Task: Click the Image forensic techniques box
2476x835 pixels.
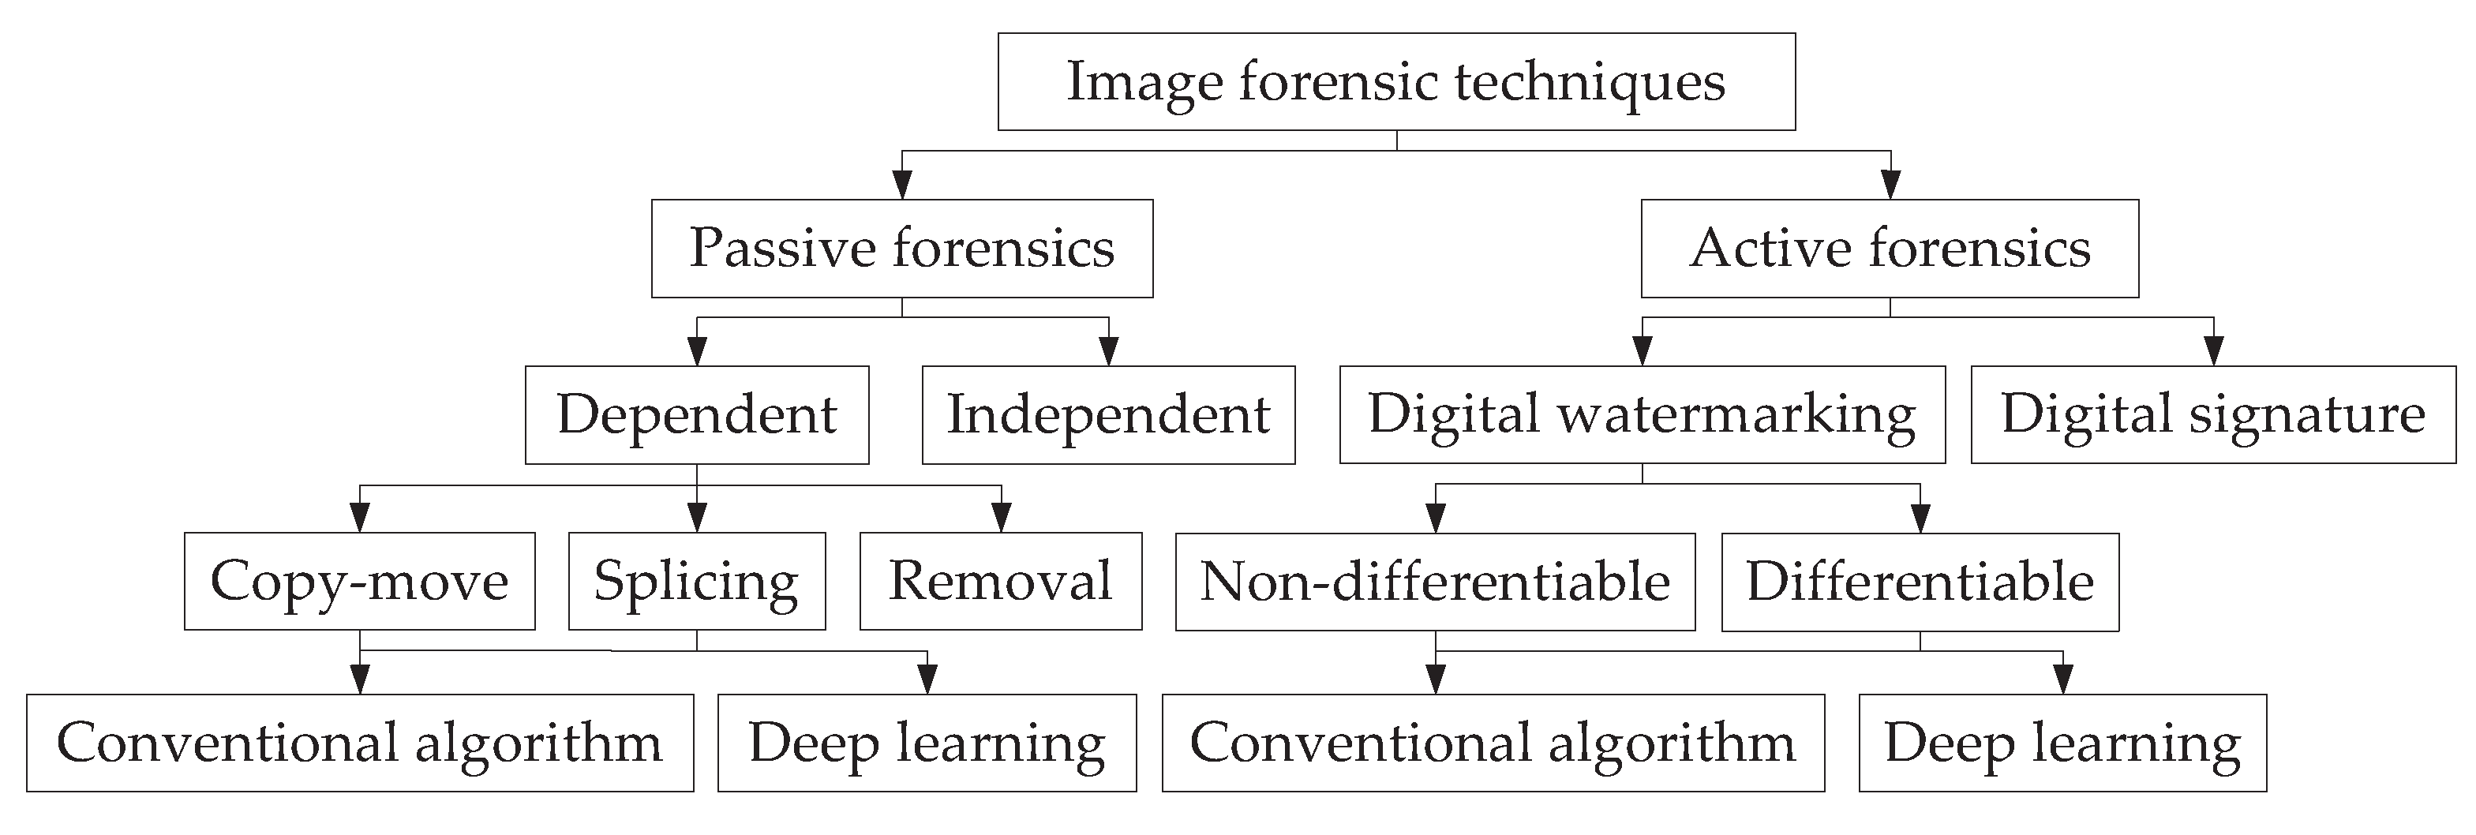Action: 1395,81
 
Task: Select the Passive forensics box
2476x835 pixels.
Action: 901,248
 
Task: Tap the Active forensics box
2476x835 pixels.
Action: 1889,248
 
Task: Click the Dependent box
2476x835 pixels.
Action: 697,414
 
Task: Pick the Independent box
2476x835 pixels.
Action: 1108,414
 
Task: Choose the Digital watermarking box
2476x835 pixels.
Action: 1642,414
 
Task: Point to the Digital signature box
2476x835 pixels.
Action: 2212,414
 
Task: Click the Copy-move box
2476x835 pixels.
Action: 359,582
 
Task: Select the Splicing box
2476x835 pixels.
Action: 697,582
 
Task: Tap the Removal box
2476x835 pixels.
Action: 1001,582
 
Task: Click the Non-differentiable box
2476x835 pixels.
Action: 1435,582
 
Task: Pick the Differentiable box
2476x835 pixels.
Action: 1920,582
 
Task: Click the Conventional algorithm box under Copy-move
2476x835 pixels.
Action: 359,743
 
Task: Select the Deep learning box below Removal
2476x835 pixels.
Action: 927,743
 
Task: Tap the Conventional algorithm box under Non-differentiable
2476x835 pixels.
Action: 1493,743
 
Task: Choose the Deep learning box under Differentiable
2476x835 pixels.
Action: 2062,743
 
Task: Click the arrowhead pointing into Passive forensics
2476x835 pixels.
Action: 901,185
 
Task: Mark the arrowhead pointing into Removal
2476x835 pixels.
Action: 1002,519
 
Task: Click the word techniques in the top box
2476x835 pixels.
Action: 1590,81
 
